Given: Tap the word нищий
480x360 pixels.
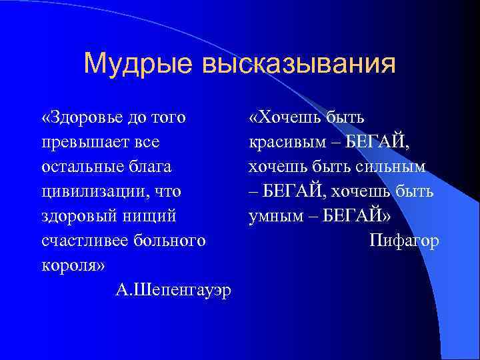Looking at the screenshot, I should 155,216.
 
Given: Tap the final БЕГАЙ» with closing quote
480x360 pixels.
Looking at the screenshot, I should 365,216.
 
